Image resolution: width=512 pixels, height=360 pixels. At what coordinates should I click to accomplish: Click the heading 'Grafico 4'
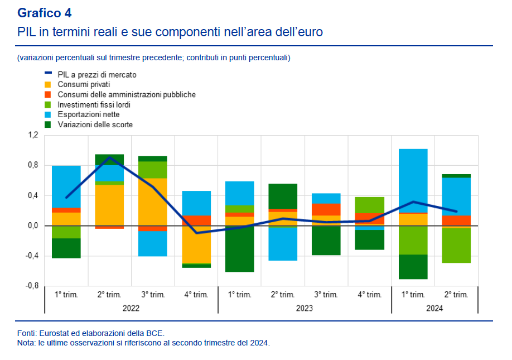pyautogui.click(x=45, y=13)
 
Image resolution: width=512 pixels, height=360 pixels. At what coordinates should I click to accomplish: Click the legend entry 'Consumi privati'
pyautogui.click(x=84, y=84)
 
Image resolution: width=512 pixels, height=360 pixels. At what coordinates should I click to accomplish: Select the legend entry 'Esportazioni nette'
pyautogui.click(x=89, y=114)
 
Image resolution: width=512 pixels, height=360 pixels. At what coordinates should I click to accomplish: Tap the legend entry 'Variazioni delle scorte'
pyautogui.click(x=95, y=124)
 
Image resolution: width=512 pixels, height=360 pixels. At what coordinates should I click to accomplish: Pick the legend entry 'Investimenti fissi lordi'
pyautogui.click(x=94, y=104)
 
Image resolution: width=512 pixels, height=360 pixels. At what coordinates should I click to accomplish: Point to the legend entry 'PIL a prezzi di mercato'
pyautogui.click(x=97, y=74)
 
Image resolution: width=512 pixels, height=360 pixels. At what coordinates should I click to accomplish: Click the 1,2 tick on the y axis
pyautogui.click(x=33, y=135)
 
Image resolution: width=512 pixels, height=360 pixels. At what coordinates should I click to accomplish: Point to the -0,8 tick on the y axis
pyautogui.click(x=32, y=286)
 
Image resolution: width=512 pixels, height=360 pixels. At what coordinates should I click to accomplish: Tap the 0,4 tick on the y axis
pyautogui.click(x=33, y=195)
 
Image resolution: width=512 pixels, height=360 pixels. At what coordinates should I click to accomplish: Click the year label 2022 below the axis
pyautogui.click(x=131, y=308)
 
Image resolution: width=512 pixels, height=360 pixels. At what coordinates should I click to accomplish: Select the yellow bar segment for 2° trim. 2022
pyautogui.click(x=109, y=205)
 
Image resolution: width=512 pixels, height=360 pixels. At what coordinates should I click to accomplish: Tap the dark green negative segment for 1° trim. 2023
pyautogui.click(x=239, y=249)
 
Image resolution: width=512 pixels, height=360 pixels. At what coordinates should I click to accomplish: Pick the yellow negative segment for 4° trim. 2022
pyautogui.click(x=196, y=244)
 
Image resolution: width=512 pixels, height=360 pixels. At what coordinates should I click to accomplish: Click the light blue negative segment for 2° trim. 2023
pyautogui.click(x=283, y=244)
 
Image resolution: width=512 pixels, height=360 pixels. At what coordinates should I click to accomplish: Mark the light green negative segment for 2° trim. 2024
pyautogui.click(x=456, y=246)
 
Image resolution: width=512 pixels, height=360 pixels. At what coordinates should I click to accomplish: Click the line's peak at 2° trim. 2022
pyautogui.click(x=109, y=157)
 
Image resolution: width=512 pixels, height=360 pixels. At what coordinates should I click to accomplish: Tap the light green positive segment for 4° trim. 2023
pyautogui.click(x=369, y=205)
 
